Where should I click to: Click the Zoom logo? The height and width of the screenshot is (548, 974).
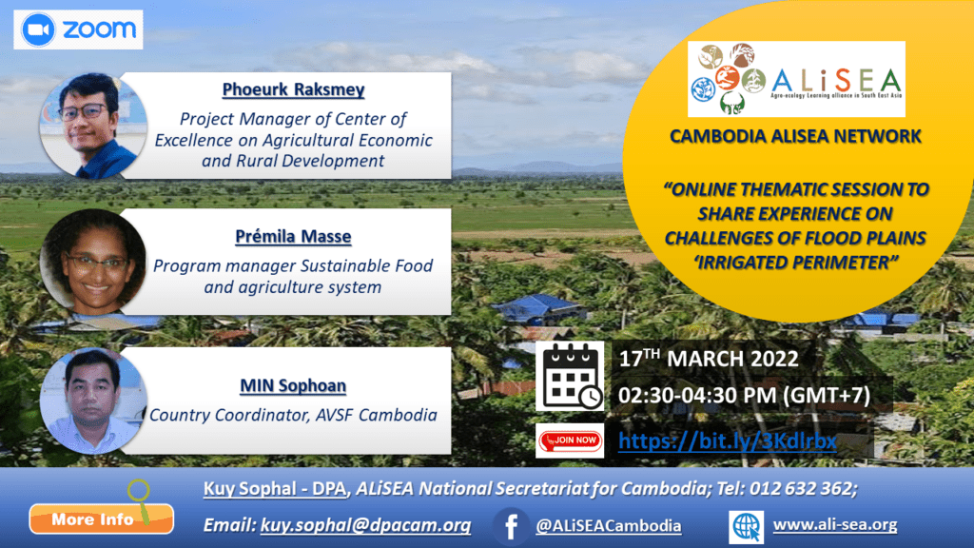(x=78, y=29)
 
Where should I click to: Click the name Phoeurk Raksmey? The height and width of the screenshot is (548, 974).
(x=293, y=89)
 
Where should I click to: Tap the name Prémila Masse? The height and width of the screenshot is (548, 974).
(x=293, y=237)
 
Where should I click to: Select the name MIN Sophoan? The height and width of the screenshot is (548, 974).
(x=293, y=386)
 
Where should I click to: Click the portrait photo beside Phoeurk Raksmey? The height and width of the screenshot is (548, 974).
(x=93, y=127)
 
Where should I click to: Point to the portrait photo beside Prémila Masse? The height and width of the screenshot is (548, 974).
(x=93, y=262)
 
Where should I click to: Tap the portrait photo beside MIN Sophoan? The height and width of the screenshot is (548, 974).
(x=93, y=401)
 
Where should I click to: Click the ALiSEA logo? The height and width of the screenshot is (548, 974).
(x=796, y=79)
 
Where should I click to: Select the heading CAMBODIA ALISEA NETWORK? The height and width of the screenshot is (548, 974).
(x=795, y=136)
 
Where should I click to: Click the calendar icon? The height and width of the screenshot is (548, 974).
(x=570, y=376)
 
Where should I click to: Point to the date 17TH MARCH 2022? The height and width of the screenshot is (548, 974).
(x=708, y=359)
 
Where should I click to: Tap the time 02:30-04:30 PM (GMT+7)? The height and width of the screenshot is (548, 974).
(x=744, y=395)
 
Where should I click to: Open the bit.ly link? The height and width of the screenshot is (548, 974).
(x=728, y=441)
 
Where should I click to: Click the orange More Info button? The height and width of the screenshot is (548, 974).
(x=101, y=519)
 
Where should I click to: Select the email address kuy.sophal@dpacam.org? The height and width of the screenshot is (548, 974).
(x=365, y=525)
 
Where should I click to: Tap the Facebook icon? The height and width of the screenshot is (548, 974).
(x=511, y=526)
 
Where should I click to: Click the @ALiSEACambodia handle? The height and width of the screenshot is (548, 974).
(x=608, y=526)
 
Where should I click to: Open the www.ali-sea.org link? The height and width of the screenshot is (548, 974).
(x=835, y=525)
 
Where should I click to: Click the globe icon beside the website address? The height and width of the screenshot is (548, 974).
(x=746, y=527)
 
